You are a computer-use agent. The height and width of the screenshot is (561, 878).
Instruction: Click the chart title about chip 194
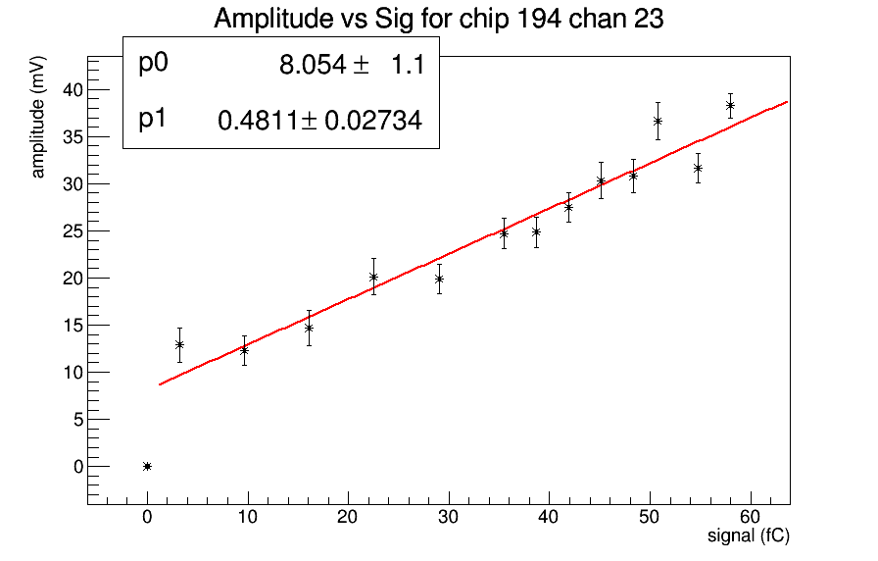pos(439,19)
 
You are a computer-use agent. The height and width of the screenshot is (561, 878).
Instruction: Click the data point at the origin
pos(147,466)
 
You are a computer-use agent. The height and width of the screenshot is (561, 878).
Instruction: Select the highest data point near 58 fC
pos(730,105)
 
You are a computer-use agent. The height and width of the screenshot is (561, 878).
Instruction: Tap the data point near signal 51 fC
pos(658,121)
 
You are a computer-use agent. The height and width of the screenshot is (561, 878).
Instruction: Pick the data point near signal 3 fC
pos(179,344)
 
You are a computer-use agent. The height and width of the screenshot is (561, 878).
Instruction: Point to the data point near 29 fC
pos(439,279)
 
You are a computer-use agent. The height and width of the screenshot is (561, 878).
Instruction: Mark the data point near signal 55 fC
pos(698,168)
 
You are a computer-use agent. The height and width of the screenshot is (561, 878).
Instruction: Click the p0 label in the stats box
pos(154,64)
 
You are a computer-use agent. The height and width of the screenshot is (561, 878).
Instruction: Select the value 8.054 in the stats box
pos(312,66)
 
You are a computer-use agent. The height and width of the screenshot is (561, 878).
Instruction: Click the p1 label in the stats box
pos(153,120)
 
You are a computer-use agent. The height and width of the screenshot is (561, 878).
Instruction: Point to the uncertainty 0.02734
pos(373,122)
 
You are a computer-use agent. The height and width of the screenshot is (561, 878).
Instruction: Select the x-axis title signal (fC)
pos(748,536)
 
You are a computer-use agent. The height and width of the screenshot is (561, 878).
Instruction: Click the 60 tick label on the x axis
pos(750,517)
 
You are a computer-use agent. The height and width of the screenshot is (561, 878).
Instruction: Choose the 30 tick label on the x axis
pos(449,517)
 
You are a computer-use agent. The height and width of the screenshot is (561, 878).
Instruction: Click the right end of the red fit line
pos(787,102)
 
